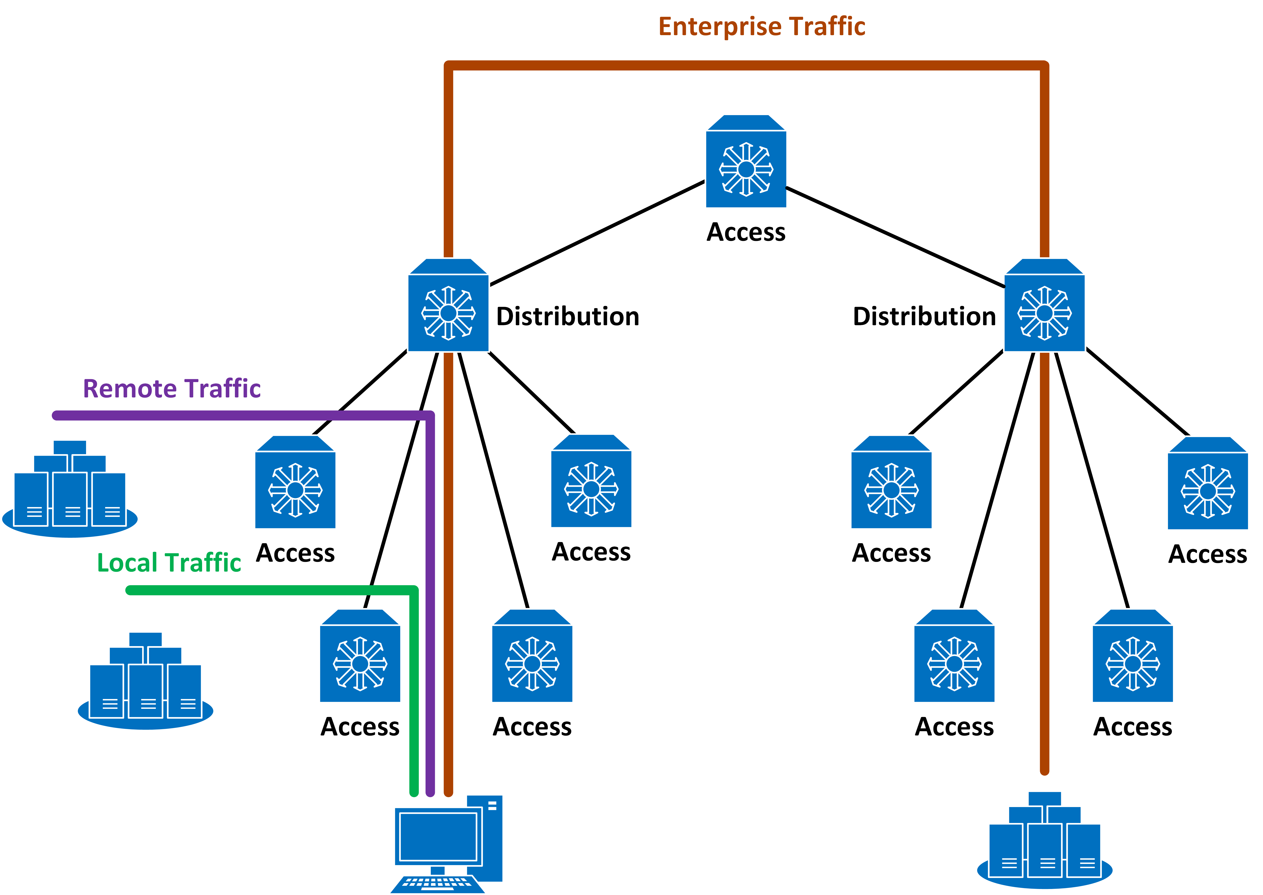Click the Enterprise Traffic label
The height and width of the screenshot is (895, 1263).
click(762, 26)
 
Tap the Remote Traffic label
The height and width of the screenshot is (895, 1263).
click(172, 388)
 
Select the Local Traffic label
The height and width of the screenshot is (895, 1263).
click(169, 563)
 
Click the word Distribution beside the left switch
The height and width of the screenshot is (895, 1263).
click(568, 316)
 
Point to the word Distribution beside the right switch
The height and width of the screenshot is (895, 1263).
click(924, 316)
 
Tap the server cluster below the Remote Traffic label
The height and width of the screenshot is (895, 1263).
click(70, 490)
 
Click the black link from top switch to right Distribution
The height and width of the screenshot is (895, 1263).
click(893, 237)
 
